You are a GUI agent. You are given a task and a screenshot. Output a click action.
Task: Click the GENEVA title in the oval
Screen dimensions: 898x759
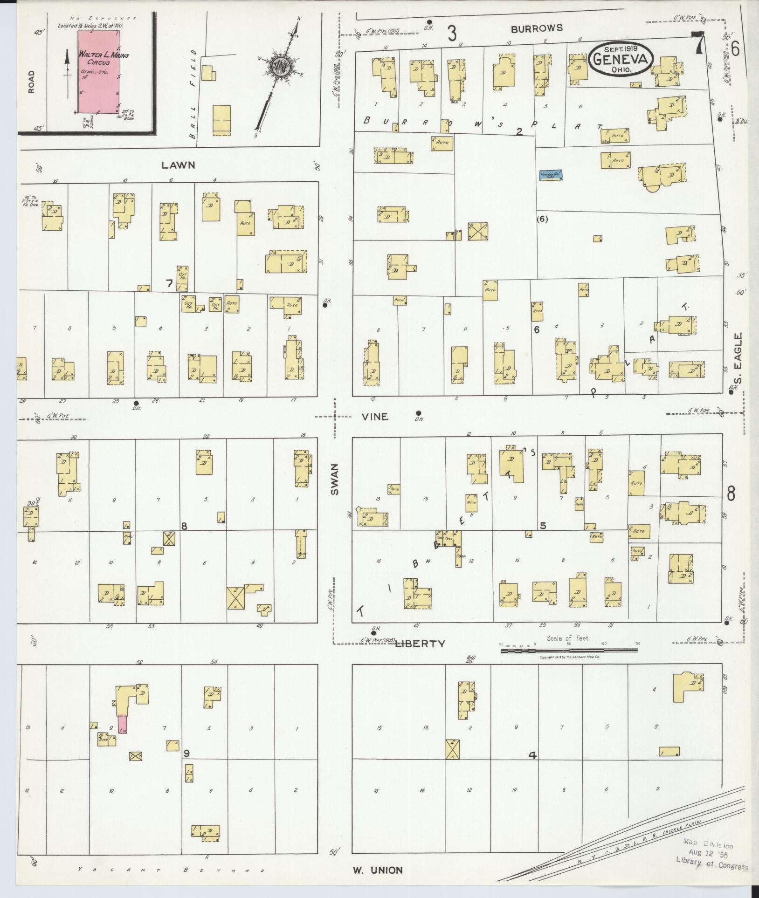621,60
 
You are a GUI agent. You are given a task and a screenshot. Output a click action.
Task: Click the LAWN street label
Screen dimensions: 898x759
178,165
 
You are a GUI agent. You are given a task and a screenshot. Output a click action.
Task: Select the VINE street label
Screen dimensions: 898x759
375,417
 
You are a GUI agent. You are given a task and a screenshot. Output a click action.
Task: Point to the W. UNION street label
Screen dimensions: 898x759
378,870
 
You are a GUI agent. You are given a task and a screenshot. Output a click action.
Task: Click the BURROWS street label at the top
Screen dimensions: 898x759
537,28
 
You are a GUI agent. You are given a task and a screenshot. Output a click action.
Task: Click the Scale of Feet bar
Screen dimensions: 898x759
569,650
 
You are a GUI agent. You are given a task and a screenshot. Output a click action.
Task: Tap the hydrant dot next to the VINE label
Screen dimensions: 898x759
419,413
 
